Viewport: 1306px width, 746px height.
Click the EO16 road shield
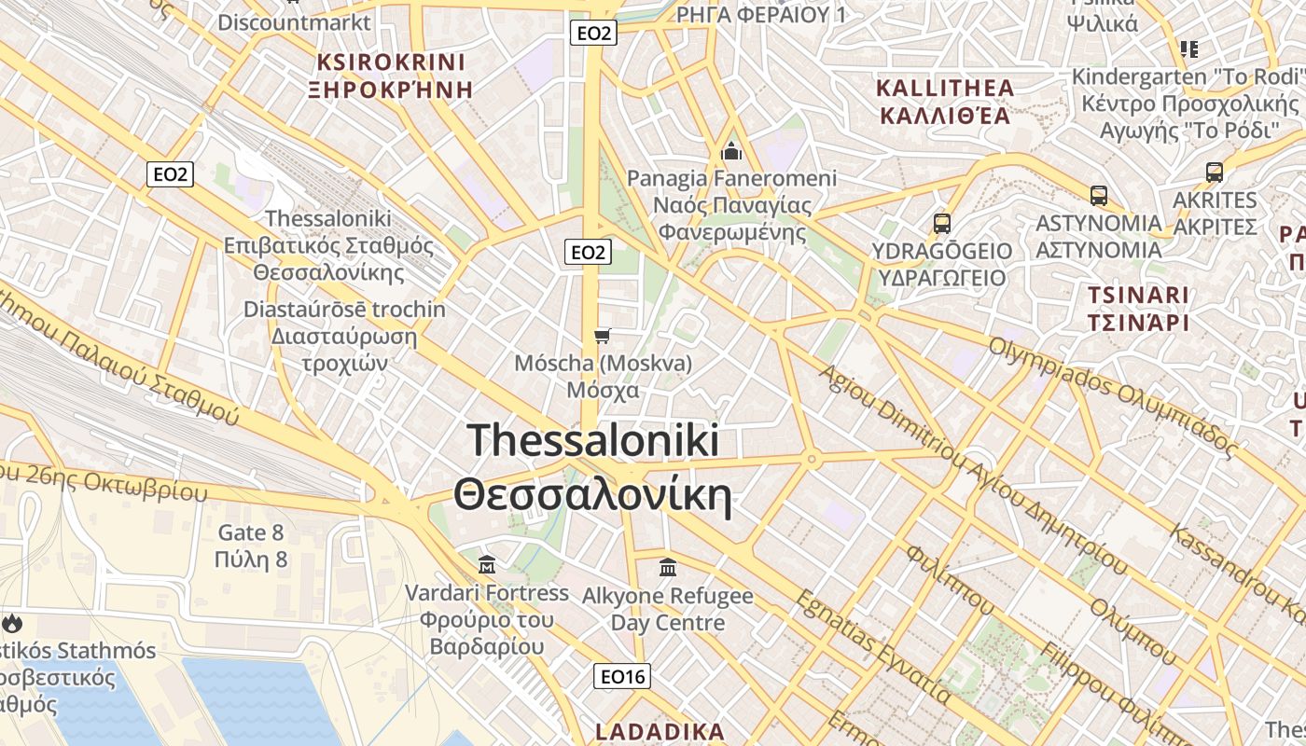coord(622,676)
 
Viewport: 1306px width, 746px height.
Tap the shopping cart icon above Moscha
coord(603,336)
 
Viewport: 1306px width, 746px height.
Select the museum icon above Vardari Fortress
coord(486,565)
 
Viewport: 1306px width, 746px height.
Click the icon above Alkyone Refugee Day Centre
coord(668,567)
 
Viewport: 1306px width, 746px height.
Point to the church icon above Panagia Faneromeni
coord(731,151)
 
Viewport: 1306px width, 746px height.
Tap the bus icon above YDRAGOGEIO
coord(942,224)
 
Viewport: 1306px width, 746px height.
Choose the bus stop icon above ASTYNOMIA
coord(1099,196)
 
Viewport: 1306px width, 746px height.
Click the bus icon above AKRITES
coord(1215,173)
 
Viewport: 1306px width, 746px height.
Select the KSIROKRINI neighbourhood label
coord(391,76)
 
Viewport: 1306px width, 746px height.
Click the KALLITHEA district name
coord(945,102)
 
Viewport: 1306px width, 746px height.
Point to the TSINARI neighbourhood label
coord(1137,310)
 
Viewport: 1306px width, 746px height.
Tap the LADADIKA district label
coord(660,732)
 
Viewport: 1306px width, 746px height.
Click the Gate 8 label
coord(250,546)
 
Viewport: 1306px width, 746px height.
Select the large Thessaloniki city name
coord(592,467)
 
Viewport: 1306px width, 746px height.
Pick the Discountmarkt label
coord(294,21)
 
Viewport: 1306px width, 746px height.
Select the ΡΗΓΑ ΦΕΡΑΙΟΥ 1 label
coord(761,14)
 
